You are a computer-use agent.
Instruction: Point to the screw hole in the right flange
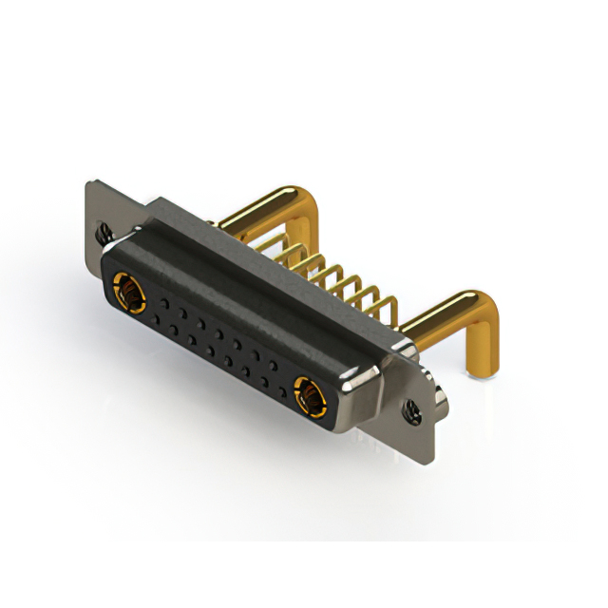point(412,410)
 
